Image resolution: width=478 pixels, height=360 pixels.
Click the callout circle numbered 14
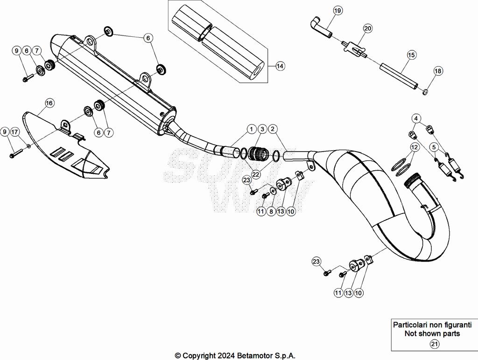click(279, 66)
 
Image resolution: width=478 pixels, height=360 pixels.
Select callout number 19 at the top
click(337, 10)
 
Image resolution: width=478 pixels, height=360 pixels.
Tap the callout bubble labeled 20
click(368, 28)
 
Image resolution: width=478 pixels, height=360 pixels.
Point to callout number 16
click(49, 103)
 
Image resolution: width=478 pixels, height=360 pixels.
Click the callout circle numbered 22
click(255, 174)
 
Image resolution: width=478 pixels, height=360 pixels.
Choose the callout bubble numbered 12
click(414, 147)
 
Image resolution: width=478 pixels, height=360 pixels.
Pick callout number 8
click(271, 211)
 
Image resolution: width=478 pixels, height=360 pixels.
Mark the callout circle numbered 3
click(262, 128)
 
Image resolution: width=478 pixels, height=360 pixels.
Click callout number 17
click(14, 132)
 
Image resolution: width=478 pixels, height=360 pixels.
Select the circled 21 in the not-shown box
click(434, 345)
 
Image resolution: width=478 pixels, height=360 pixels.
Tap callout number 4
click(416, 118)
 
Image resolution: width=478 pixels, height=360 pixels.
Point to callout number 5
click(434, 147)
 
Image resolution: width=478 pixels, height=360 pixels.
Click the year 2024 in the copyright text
click(227, 355)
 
